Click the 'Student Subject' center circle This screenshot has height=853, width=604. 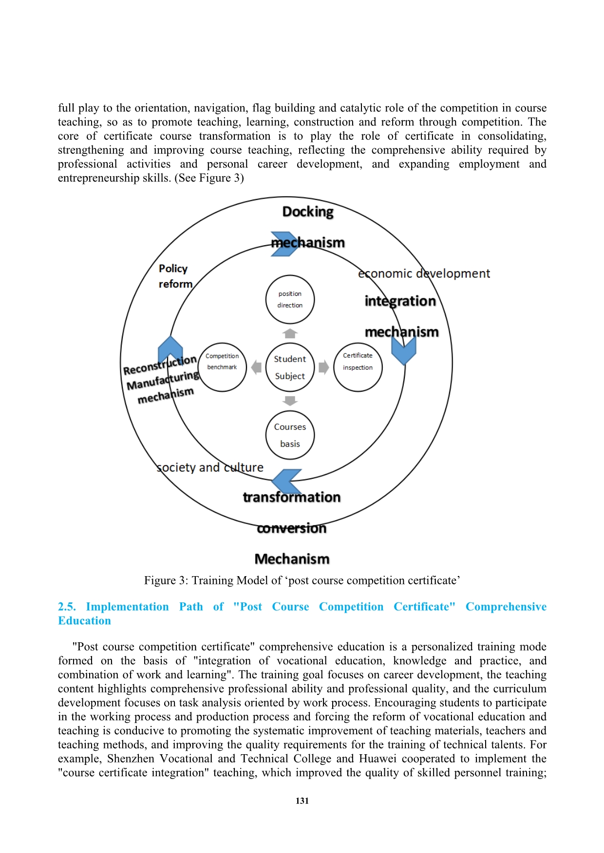click(x=290, y=367)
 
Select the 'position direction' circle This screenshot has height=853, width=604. click(x=290, y=299)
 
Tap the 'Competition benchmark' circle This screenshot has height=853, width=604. click(x=222, y=367)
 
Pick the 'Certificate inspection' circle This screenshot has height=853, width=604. click(x=358, y=367)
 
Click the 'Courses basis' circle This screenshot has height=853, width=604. click(x=290, y=435)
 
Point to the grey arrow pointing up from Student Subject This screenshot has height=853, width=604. click(x=290, y=333)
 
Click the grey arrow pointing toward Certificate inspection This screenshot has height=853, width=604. click(x=323, y=367)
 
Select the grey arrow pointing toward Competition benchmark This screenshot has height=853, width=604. click(x=256, y=367)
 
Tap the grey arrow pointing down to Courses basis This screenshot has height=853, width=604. click(x=290, y=401)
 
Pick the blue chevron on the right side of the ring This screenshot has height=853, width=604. click(x=404, y=350)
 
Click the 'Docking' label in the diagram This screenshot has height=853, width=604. click(x=308, y=212)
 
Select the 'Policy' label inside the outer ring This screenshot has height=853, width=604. click(x=173, y=269)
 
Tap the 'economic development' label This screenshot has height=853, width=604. click(x=424, y=273)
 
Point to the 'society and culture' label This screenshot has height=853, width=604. click(x=210, y=468)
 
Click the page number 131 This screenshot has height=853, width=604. click(x=302, y=801)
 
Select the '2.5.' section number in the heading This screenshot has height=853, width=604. click(x=67, y=607)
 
